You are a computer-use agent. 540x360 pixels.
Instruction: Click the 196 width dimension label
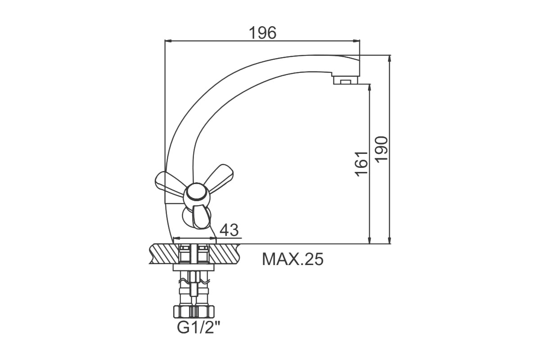[x=262, y=33]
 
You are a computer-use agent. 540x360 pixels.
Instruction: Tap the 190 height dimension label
[x=382, y=149]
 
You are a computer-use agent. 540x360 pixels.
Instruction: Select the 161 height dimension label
[x=362, y=164]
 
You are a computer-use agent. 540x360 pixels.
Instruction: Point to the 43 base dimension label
[x=229, y=230]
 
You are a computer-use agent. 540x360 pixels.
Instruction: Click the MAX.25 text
[x=292, y=260]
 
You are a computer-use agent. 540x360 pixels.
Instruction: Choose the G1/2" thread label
[x=199, y=328]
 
